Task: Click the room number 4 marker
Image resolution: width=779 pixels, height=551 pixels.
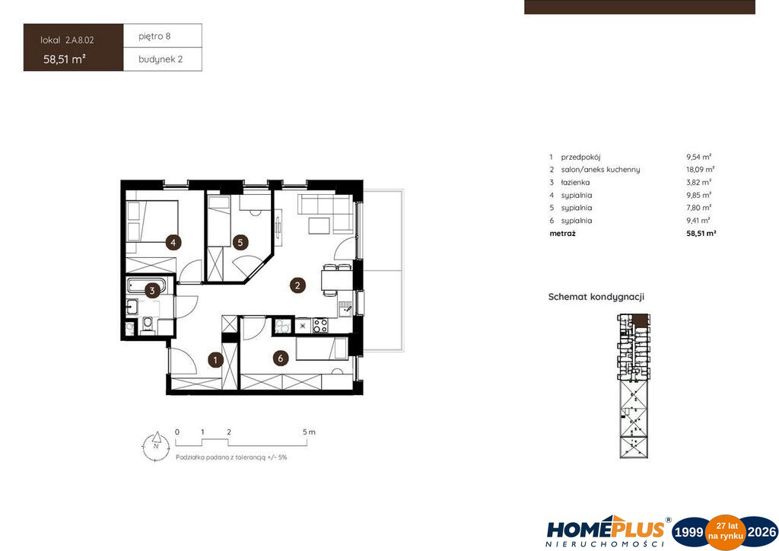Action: (173, 243)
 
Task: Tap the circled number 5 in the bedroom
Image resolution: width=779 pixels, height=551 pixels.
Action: (240, 243)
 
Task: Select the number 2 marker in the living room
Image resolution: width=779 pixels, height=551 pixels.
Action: (297, 285)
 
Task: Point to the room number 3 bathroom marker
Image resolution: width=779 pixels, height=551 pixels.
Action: (152, 291)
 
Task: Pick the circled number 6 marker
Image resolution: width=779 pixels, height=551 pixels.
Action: (281, 358)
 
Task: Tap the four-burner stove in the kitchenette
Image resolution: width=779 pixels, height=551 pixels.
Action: (320, 326)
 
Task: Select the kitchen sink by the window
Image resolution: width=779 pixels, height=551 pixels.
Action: (346, 308)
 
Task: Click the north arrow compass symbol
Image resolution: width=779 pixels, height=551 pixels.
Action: (156, 445)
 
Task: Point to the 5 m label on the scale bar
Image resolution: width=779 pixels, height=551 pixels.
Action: (309, 432)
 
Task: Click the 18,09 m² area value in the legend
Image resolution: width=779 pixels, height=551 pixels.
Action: (701, 170)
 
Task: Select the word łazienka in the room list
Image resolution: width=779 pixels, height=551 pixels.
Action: (575, 183)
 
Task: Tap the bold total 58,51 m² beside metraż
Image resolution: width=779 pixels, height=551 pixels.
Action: (701, 233)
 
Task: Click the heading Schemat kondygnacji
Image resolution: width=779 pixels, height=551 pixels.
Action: (596, 297)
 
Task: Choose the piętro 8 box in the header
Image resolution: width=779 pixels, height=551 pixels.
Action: (163, 36)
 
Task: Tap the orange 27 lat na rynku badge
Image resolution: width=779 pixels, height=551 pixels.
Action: (726, 533)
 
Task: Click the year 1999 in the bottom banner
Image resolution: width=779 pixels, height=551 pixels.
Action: (688, 533)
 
